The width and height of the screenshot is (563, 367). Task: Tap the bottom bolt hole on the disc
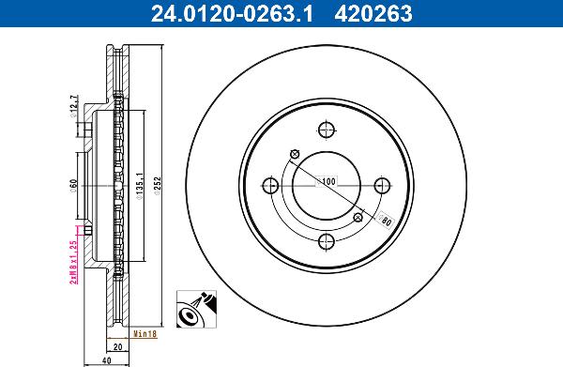tap(327, 242)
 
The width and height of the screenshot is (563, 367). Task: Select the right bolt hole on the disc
tap(383, 186)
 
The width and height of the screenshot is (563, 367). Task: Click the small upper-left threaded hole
tap(295, 155)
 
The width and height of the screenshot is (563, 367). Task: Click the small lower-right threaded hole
tap(358, 218)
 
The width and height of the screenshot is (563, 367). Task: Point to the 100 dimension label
tap(327, 180)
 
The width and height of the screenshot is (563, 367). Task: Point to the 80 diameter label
tap(385, 222)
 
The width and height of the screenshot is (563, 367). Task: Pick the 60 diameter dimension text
tap(73, 184)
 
